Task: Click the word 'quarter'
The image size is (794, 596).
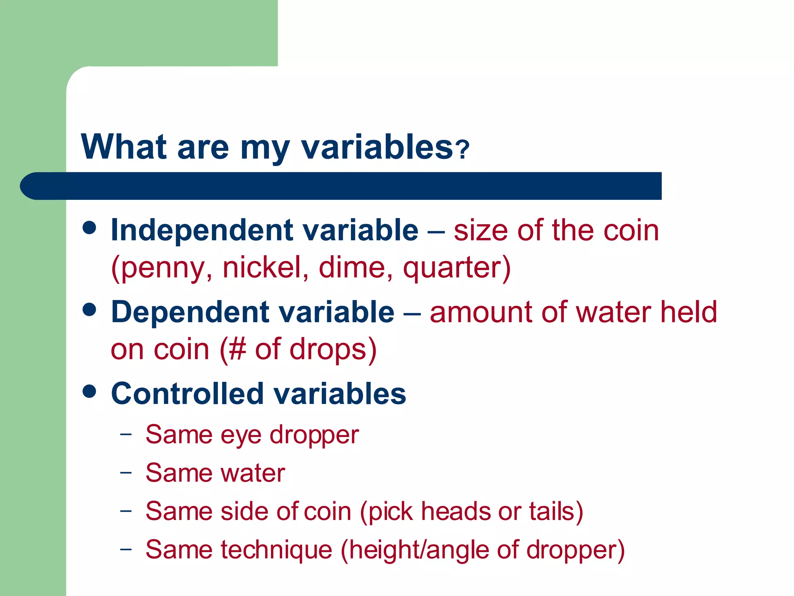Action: (452, 268)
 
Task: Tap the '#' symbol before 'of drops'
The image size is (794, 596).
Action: (237, 349)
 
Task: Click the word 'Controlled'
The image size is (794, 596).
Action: (187, 394)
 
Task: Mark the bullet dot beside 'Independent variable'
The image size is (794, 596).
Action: (90, 228)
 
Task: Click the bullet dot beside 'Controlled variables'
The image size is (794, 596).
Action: (90, 391)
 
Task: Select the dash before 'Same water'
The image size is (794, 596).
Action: (126, 472)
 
